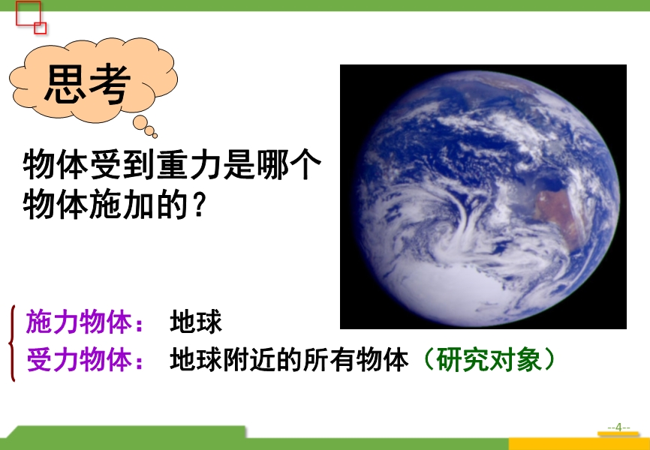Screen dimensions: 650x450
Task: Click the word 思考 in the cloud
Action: tap(88, 83)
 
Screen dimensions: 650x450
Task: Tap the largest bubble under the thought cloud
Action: tap(140, 122)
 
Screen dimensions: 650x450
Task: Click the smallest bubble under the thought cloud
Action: tap(155, 136)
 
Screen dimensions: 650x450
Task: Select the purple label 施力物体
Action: tap(79, 322)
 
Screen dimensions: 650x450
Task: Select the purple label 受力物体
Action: tap(79, 359)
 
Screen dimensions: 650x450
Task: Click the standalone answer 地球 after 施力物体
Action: tap(196, 322)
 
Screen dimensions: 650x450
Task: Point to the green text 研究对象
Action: tap(489, 358)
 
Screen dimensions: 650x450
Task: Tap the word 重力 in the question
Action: tap(189, 165)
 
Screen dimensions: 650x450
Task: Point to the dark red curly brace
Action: tap(12, 343)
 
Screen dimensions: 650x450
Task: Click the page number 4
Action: tap(618, 427)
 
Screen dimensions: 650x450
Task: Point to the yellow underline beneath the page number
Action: tap(618, 433)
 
